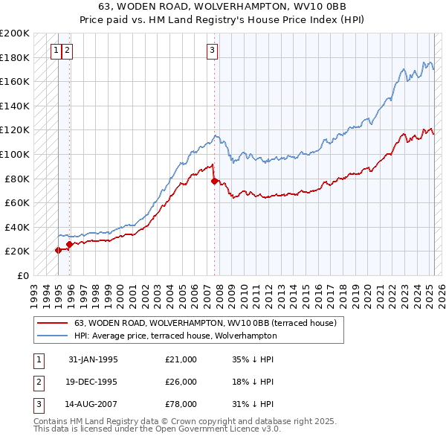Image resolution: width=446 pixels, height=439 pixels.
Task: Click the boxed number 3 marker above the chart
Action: pos(212,51)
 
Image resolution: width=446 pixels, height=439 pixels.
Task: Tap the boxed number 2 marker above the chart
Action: pos(68,51)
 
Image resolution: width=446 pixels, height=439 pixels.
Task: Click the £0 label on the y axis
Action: pos(22,275)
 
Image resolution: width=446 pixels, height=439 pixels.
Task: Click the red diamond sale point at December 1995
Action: pos(69,244)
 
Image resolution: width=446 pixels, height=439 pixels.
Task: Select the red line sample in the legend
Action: pos(52,323)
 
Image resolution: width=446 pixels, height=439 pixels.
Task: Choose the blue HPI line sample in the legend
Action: pos(52,336)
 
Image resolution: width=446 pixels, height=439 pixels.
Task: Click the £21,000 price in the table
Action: pos(181,359)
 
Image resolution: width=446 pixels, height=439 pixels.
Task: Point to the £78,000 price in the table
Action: pos(181,404)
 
